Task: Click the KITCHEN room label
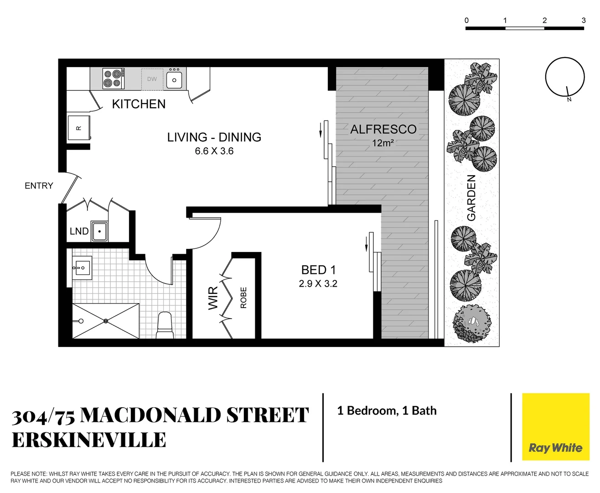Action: (139, 104)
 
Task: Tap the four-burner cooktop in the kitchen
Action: (114, 79)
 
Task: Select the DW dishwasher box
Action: (152, 79)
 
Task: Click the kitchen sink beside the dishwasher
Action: (174, 79)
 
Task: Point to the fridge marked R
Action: (79, 128)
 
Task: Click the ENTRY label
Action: (39, 186)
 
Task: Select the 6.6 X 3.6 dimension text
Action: (214, 151)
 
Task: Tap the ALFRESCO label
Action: (383, 129)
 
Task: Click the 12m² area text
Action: (383, 143)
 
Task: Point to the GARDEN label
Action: (471, 198)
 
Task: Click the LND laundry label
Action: (79, 231)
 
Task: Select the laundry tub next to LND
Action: (99, 231)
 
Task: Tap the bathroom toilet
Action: (165, 325)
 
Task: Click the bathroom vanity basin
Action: (82, 267)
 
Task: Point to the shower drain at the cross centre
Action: (106, 321)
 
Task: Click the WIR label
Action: (213, 299)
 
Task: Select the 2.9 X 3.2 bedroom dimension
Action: (318, 283)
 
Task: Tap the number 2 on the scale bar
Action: (544, 20)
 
